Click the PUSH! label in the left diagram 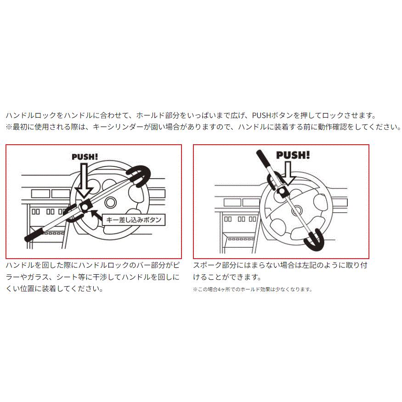[85, 157]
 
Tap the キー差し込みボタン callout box [133, 220]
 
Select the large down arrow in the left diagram [84, 181]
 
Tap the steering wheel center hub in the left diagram [110, 203]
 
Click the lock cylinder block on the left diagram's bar [84, 207]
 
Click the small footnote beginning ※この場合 [252, 289]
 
